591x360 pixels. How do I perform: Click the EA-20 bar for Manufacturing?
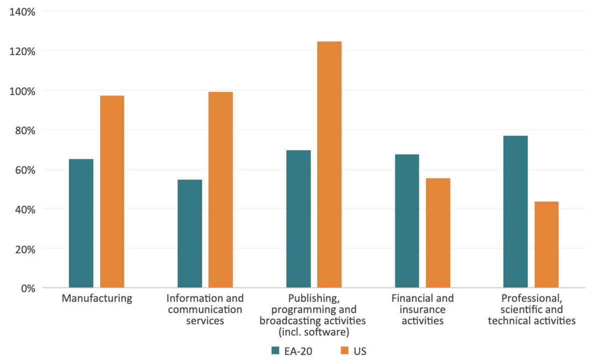click(81, 223)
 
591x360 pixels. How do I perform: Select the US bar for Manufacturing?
click(112, 192)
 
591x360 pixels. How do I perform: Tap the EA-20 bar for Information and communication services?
click(190, 234)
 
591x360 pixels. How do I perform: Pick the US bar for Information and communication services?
click(221, 190)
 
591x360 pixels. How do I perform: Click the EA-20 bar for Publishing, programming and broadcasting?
click(299, 219)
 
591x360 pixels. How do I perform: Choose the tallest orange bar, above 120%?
click(329, 165)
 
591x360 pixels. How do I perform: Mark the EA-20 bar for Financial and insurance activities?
click(407, 221)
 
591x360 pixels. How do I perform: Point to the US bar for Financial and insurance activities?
click(438, 233)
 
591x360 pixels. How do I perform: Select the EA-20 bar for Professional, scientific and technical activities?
click(515, 212)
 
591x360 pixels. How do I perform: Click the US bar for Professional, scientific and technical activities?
click(546, 244)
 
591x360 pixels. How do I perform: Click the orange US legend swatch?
click(345, 350)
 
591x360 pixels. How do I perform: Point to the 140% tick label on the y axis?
click(22, 11)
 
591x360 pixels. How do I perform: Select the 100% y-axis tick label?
click(22, 91)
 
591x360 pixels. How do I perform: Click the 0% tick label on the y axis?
click(27, 288)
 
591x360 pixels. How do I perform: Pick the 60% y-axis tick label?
click(25, 170)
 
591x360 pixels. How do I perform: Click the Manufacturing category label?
click(97, 298)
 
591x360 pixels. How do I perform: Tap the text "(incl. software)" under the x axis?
click(313, 331)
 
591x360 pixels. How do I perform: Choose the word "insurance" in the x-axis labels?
click(423, 309)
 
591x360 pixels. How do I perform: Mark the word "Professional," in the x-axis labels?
click(531, 298)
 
